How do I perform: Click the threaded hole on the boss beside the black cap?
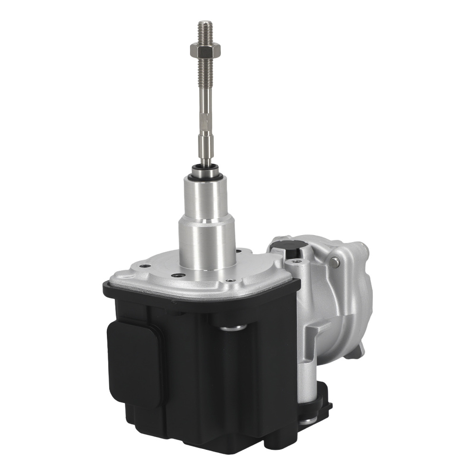click(298, 261)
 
